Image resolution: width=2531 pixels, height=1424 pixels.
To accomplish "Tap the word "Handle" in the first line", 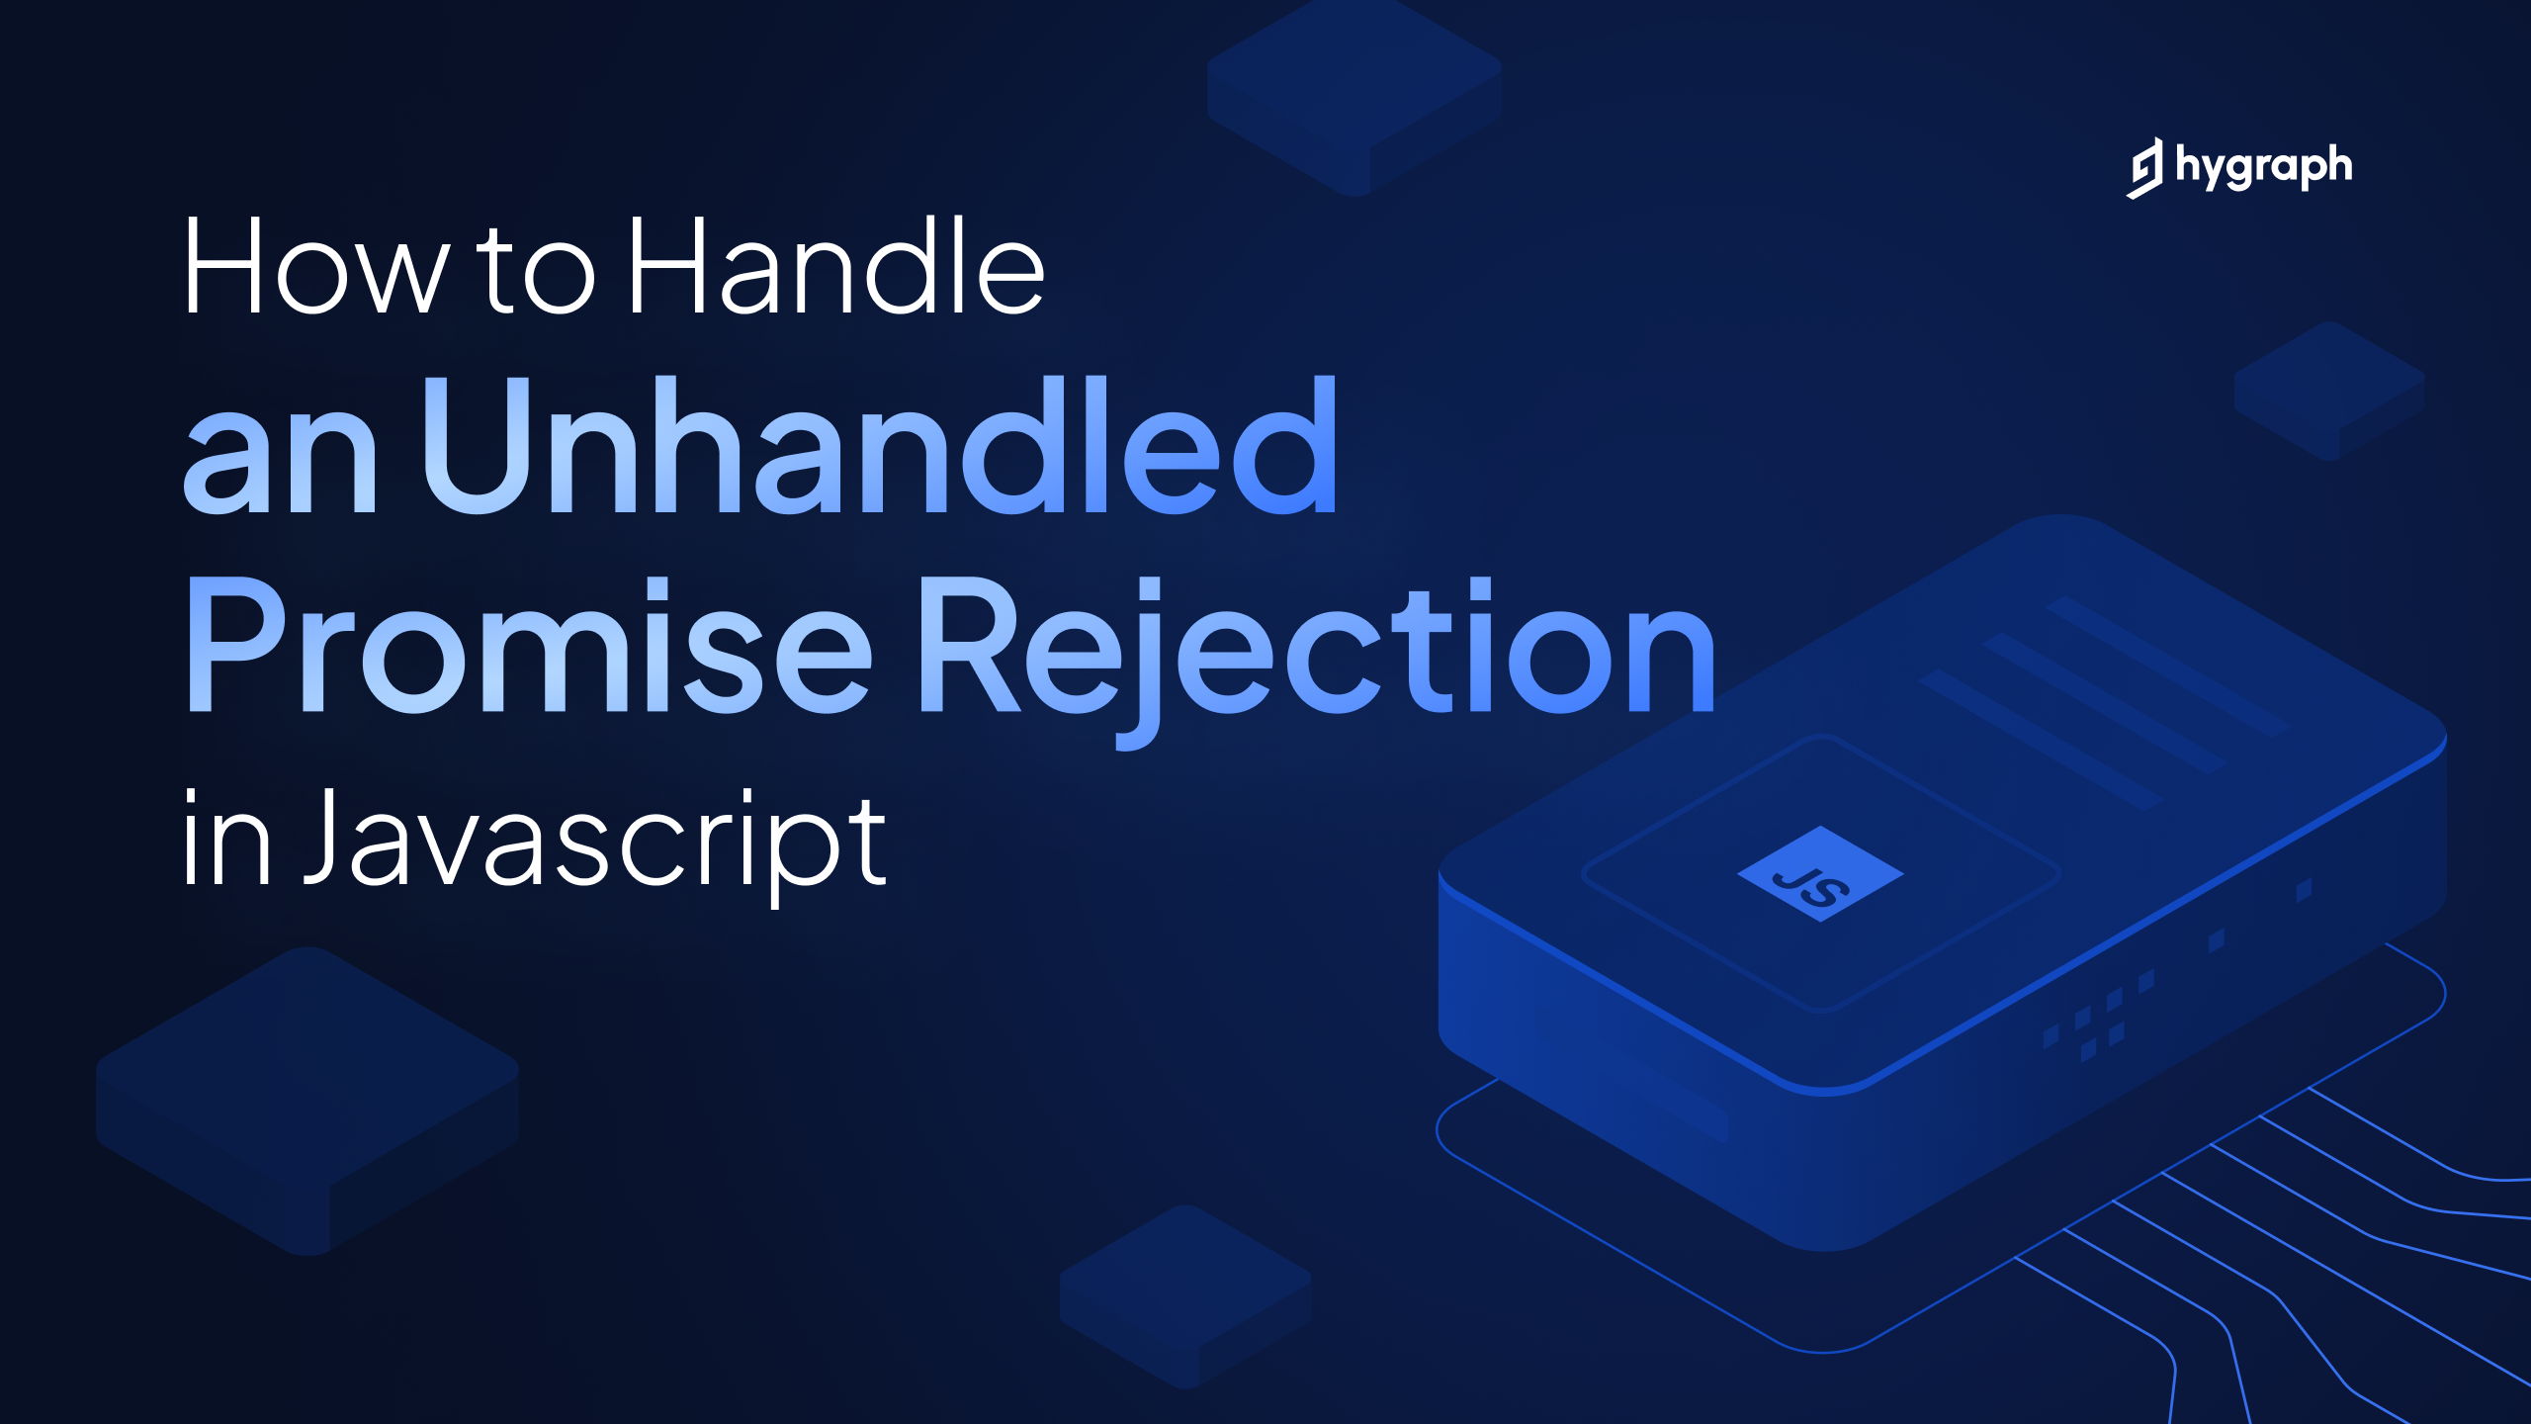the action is (836, 266).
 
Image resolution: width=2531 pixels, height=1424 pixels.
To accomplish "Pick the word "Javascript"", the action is (594, 846).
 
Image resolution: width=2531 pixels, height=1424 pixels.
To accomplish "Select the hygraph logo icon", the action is (2144, 168).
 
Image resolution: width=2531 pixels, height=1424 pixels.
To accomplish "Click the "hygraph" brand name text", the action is (2264, 167).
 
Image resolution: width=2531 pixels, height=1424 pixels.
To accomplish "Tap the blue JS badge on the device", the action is (1820, 874).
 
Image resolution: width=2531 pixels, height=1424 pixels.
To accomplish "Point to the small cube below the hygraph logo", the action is (2330, 391).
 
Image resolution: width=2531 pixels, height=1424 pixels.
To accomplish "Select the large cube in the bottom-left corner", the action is (307, 1101).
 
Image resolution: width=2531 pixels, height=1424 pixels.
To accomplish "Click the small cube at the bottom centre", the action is (1185, 1296).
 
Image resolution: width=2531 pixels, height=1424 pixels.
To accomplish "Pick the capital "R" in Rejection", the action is (971, 644).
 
